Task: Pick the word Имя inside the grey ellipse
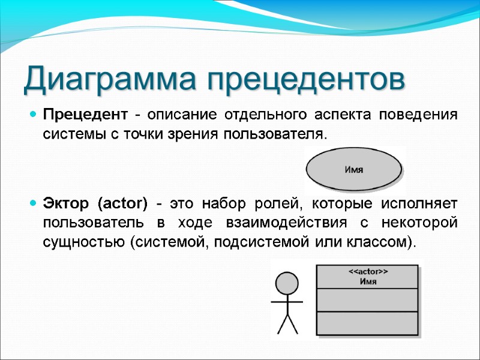pos(353,170)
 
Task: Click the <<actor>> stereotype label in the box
pos(368,272)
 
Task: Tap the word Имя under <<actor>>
pos(368,281)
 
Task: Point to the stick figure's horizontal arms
pos(287,302)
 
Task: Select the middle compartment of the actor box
pos(367,300)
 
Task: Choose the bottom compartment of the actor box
pos(367,323)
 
